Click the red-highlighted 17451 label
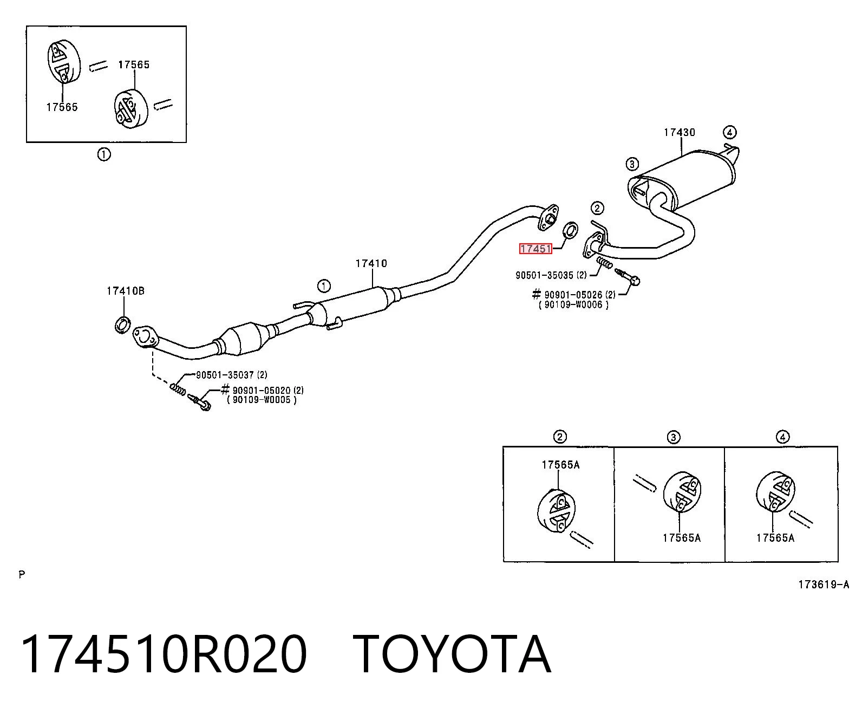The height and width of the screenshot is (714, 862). point(536,249)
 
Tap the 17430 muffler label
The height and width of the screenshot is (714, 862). point(680,133)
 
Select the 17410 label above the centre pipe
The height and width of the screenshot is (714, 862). point(371,264)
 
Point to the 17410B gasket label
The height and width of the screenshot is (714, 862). point(126,291)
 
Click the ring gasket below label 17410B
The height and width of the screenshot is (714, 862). point(122,325)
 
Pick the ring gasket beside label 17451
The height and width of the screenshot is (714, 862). point(571,230)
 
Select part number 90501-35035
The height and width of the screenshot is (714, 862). point(545,275)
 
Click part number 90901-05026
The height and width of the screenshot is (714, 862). point(573,295)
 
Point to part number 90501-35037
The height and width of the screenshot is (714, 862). point(225,375)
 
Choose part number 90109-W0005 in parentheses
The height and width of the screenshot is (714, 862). point(262,400)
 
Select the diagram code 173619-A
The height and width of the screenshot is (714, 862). point(824,585)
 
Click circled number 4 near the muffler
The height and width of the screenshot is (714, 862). point(730,132)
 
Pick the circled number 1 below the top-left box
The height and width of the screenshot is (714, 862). point(104,154)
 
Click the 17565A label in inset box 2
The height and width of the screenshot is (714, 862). point(560,465)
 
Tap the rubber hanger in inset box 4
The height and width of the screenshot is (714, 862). point(775,492)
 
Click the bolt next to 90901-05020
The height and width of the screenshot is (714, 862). point(199,402)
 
